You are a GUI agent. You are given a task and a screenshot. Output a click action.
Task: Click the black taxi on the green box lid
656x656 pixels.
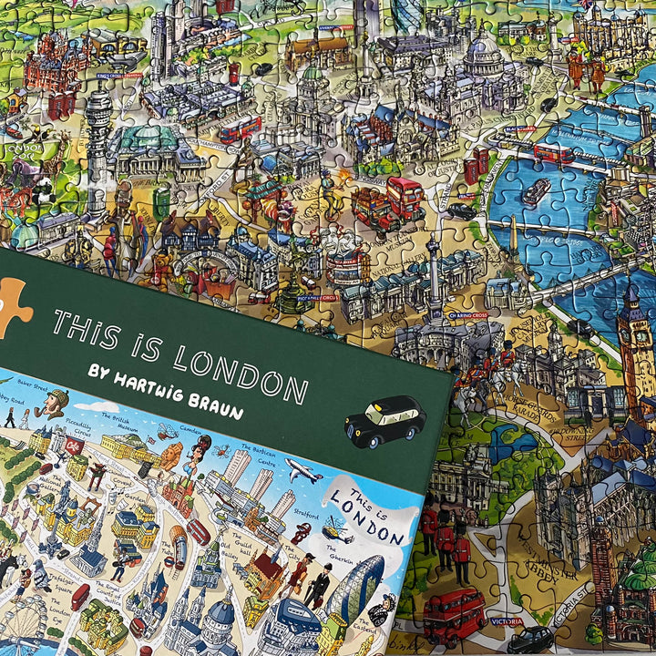(x=385, y=422)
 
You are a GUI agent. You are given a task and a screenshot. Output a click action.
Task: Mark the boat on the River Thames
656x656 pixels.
(x=535, y=191)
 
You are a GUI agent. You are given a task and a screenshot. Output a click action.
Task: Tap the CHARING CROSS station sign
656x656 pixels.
(x=467, y=315)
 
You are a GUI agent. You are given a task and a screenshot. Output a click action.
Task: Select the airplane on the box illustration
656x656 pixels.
(x=302, y=471)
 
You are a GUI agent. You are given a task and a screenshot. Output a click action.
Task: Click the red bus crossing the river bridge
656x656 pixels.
(x=552, y=152)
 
